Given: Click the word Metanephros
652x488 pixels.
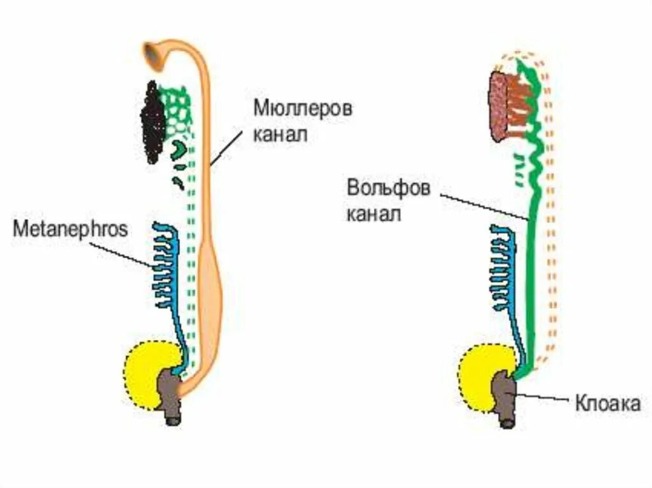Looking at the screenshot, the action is coord(70,228).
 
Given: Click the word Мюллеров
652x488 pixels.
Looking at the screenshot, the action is coord(302,108).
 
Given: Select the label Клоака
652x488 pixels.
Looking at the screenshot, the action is coord(607,403).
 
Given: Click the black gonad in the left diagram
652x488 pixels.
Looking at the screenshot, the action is coord(153,122).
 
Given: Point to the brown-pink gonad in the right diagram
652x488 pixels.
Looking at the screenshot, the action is coord(499,106).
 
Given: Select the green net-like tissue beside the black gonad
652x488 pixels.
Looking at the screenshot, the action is coord(178,111).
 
